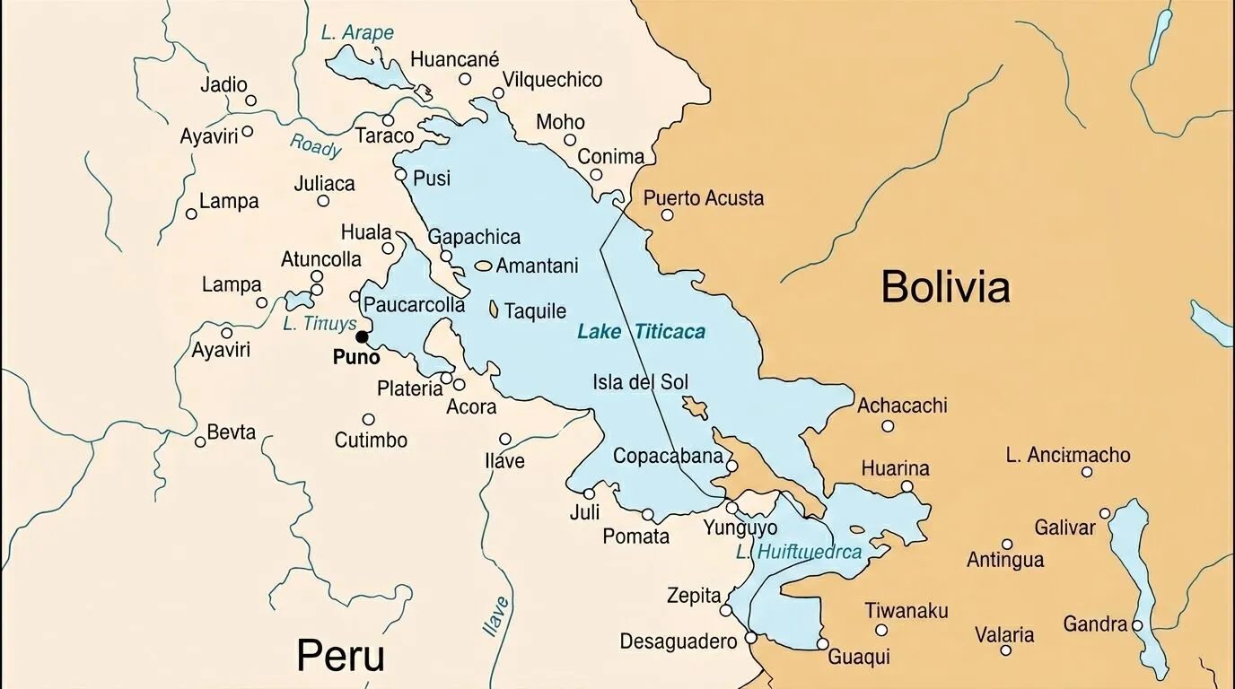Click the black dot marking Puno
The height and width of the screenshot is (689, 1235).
362,337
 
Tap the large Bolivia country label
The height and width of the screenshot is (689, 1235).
945,287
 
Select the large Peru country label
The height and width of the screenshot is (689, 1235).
340,655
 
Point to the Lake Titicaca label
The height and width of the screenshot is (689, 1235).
641,332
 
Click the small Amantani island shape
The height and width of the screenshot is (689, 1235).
484,266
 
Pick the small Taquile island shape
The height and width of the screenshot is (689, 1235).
494,310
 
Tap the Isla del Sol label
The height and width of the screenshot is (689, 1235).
640,381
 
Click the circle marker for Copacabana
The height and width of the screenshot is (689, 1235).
731,466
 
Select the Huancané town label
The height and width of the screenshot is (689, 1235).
454,60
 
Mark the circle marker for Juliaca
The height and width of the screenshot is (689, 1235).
323,201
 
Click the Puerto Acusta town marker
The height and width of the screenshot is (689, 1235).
667,214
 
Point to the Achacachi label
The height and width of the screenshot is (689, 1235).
902,406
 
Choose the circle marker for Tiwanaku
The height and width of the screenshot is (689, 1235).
881,630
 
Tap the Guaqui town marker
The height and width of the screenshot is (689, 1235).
822,644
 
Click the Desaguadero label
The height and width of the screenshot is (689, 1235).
678,641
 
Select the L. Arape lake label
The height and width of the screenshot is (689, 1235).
357,33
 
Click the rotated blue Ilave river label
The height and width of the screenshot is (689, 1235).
496,616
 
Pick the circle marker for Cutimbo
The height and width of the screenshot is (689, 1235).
368,419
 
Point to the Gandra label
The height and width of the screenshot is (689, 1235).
1094,624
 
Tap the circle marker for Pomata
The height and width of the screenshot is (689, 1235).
647,515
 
